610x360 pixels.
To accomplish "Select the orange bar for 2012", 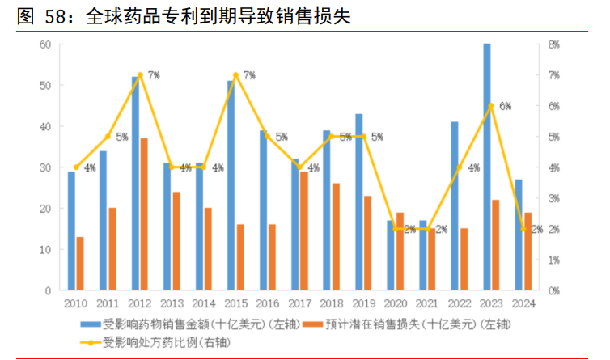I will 144,214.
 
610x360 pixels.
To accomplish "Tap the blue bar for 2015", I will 231,185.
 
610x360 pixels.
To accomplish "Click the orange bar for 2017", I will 303,231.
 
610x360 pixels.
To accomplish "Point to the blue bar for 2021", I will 422,255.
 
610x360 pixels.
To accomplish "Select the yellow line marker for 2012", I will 140,75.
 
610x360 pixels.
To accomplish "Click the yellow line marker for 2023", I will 491,106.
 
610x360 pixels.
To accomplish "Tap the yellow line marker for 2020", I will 396,229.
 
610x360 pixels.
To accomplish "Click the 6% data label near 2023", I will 506,106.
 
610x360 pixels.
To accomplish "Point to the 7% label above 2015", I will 249,75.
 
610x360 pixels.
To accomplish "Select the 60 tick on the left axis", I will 45,44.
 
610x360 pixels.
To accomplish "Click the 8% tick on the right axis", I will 553,44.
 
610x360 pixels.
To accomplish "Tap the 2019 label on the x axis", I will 362,304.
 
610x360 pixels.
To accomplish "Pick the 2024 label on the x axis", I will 523,304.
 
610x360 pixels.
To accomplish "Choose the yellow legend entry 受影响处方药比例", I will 154,342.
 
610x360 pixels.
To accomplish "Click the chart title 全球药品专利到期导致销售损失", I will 218,16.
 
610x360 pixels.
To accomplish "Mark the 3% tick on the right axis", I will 553,198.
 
